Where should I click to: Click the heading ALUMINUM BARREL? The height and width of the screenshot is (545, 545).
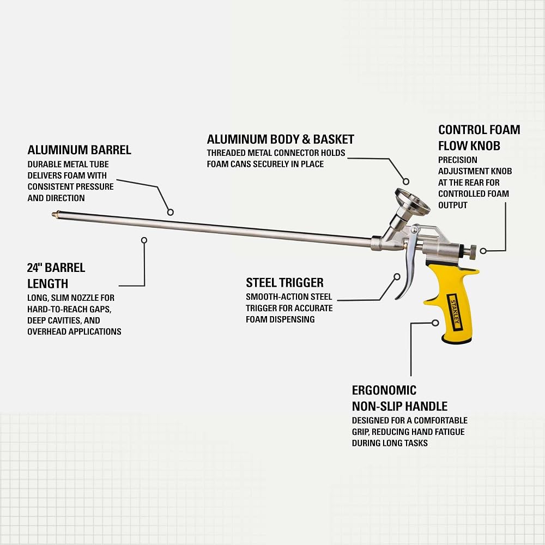[79, 150]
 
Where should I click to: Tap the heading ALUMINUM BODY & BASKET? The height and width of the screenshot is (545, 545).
[281, 139]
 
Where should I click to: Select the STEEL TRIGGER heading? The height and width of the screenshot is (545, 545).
[284, 282]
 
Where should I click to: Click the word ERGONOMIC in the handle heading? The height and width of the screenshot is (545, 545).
[384, 390]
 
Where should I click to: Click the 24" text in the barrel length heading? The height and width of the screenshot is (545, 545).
[34, 268]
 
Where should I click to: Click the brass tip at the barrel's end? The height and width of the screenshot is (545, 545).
[54, 215]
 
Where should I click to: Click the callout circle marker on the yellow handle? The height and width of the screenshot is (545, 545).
[435, 323]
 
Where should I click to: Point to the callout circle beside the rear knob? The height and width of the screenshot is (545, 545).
[483, 251]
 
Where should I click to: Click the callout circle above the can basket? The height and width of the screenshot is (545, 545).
[405, 181]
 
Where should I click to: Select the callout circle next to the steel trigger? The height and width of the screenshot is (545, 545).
[397, 276]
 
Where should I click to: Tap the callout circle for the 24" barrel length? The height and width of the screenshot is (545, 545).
[144, 240]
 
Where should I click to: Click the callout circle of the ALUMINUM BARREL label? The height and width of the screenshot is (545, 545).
[170, 212]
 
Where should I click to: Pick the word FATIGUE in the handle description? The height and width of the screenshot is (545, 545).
[450, 432]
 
